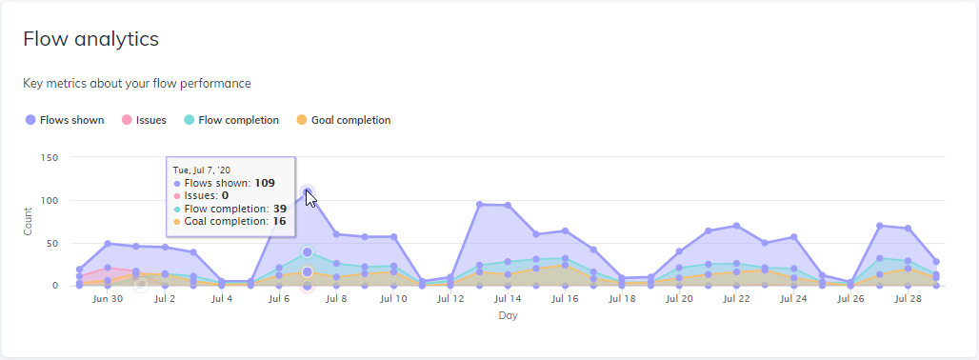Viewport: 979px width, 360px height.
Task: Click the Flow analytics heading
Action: [x=90, y=39]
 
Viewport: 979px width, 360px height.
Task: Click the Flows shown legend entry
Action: [x=65, y=120]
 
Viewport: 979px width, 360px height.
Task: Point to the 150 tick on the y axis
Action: [x=50, y=157]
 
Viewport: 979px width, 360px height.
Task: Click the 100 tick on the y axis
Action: [x=50, y=200]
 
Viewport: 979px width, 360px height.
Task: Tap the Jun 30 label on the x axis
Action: [x=108, y=299]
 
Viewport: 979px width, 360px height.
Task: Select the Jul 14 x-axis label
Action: [x=508, y=299]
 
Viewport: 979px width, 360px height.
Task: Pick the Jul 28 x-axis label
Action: [x=908, y=299]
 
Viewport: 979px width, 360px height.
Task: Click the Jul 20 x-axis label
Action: [x=679, y=299]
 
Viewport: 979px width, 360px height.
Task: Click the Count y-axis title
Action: [x=28, y=222]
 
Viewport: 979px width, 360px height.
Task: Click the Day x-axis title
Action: [x=508, y=315]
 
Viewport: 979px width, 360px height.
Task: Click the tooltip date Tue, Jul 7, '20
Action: [x=203, y=170]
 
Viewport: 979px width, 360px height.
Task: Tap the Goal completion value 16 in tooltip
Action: [x=280, y=221]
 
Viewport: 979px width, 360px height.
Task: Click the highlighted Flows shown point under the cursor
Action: [x=307, y=192]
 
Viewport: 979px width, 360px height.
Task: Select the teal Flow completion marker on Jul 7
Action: [x=307, y=252]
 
